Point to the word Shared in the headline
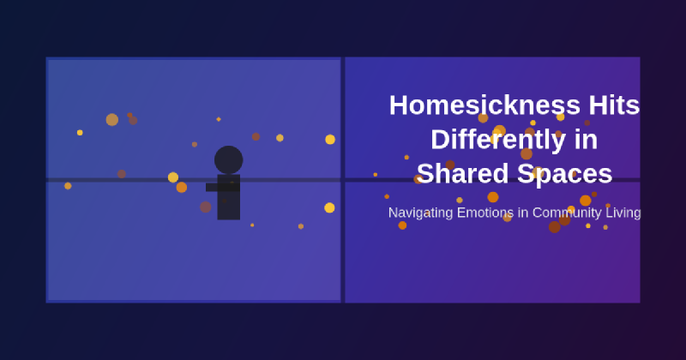pyautogui.click(x=462, y=173)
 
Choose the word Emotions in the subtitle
pyautogui.click(x=489, y=213)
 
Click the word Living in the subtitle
pyautogui.click(x=624, y=213)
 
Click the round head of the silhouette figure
pyautogui.click(x=228, y=159)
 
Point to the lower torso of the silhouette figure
pyautogui.click(x=228, y=206)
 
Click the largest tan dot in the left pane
pyautogui.click(x=112, y=120)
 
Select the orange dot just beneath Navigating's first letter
pyautogui.click(x=402, y=225)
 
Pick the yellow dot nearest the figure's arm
pyautogui.click(x=173, y=177)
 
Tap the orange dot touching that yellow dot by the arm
pyautogui.click(x=182, y=187)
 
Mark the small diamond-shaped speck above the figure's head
pyautogui.click(x=219, y=119)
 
